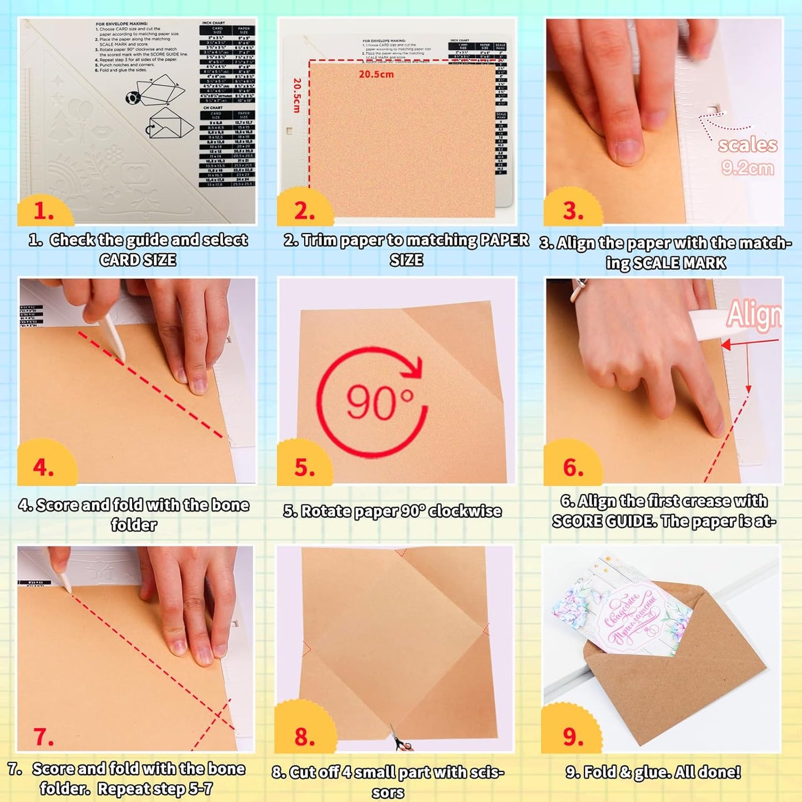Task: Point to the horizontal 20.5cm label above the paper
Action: (x=376, y=74)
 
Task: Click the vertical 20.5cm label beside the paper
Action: (x=297, y=95)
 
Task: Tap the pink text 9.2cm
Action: (x=747, y=168)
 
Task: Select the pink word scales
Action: (x=747, y=145)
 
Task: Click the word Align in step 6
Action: (x=754, y=315)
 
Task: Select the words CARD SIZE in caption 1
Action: (x=138, y=260)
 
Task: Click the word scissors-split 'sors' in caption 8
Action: (x=387, y=792)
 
